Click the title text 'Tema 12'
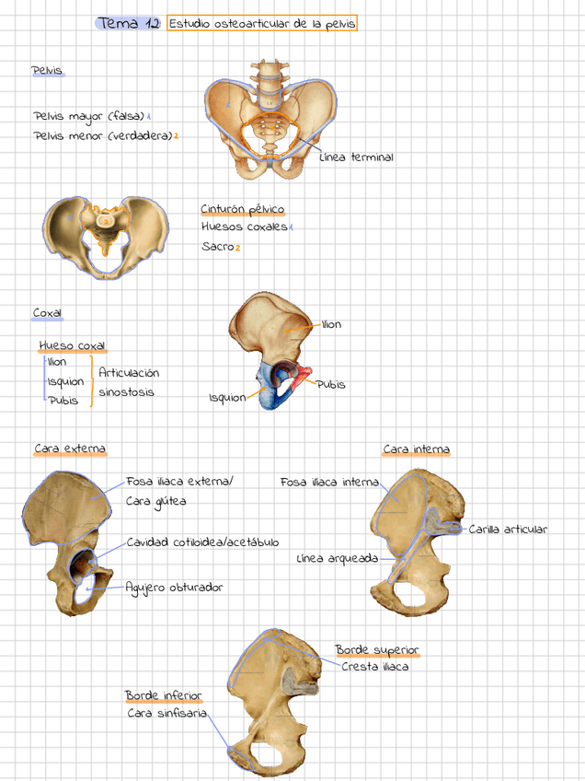[x=128, y=23]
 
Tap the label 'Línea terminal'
[x=356, y=157]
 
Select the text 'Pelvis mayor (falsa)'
[x=89, y=116]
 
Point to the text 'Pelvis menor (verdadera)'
[x=103, y=136]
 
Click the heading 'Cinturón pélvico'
[x=243, y=209]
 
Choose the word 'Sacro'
[x=217, y=247]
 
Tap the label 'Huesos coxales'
[x=244, y=227]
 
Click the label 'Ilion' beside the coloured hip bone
[x=331, y=324]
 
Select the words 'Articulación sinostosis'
[x=128, y=382]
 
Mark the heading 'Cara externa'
[x=70, y=449]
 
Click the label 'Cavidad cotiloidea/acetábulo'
[x=202, y=542]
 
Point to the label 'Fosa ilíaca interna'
[x=328, y=482]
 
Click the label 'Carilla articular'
[x=508, y=530]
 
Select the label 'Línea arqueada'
[x=338, y=558]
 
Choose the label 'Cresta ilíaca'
[x=374, y=667]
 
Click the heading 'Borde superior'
[x=377, y=650]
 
